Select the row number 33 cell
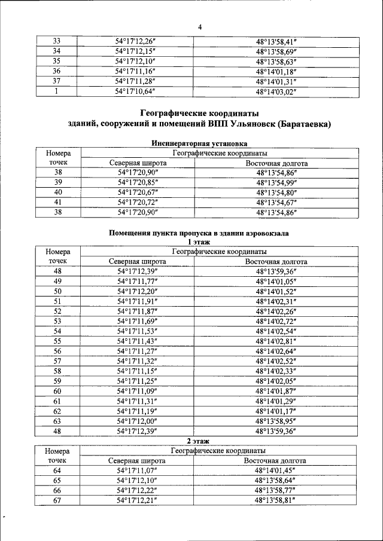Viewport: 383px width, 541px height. click(x=57, y=41)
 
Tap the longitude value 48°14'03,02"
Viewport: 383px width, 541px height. click(x=276, y=92)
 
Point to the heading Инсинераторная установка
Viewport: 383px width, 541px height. click(x=199, y=143)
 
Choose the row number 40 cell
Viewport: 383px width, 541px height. click(x=58, y=192)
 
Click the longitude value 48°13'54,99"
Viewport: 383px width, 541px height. click(x=276, y=182)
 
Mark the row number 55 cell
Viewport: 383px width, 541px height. click(x=58, y=341)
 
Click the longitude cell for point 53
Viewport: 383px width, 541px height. click(x=276, y=321)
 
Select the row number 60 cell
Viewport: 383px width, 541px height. click(x=58, y=391)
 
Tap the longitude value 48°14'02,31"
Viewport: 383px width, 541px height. click(x=276, y=301)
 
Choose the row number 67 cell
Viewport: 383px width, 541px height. click(x=57, y=500)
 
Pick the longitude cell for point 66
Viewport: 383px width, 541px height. click(x=276, y=490)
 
